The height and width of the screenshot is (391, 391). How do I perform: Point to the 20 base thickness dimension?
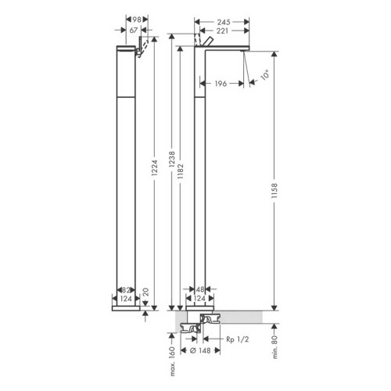point(145,292)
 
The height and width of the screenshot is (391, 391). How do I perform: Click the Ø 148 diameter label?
point(199,350)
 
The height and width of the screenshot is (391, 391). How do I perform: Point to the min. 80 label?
point(275,342)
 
